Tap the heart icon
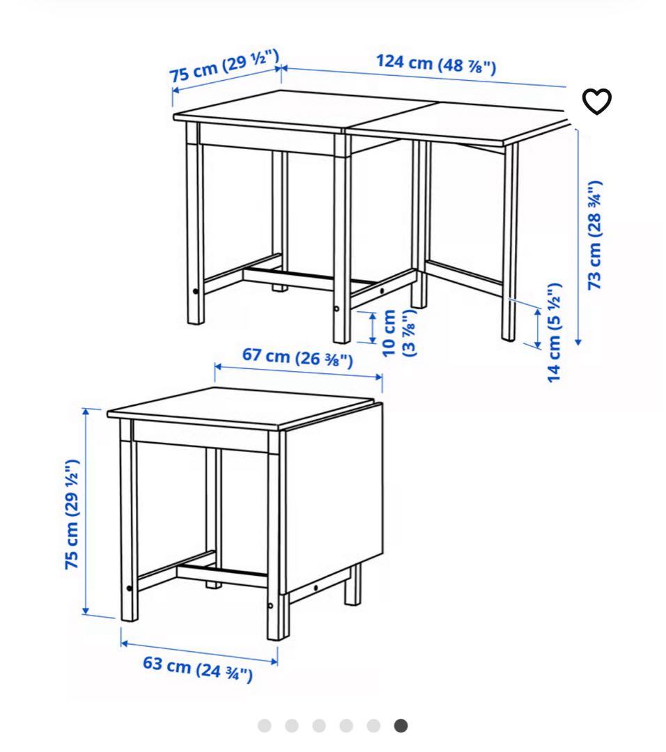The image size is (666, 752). click(x=596, y=102)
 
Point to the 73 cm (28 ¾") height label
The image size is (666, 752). click(x=594, y=235)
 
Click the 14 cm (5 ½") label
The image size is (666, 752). click(x=555, y=332)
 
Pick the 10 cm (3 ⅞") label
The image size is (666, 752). click(x=398, y=333)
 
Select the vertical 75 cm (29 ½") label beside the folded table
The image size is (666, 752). click(x=72, y=515)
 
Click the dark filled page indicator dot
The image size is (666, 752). click(x=401, y=726)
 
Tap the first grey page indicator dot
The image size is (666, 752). click(x=264, y=726)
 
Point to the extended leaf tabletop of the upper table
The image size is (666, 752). click(x=453, y=122)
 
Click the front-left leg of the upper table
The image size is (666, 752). click(x=195, y=230)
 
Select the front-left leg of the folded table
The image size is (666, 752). click(x=129, y=529)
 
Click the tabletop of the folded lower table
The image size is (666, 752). click(x=237, y=407)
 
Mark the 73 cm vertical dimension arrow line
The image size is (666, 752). click(x=578, y=237)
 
